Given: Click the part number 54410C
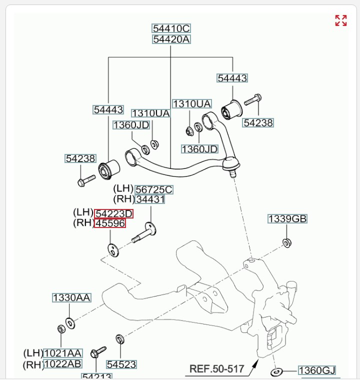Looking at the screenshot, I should (x=171, y=28).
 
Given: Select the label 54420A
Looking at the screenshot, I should (x=171, y=39).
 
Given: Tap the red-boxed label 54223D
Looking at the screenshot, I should (x=114, y=213).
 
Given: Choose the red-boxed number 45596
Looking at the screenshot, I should (x=110, y=223).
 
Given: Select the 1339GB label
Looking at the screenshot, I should (x=287, y=219).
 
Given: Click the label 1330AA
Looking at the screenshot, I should (x=71, y=298).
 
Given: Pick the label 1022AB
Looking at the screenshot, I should (x=62, y=364).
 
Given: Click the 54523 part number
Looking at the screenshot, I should (x=121, y=364).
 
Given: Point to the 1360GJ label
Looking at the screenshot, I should (x=316, y=370).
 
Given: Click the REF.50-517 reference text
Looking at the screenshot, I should (x=216, y=370).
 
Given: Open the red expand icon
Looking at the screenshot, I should (x=341, y=20).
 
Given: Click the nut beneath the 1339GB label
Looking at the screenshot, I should (x=287, y=243).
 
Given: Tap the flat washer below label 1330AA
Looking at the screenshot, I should (x=70, y=323).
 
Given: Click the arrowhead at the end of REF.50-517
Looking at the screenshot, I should (x=255, y=362).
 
